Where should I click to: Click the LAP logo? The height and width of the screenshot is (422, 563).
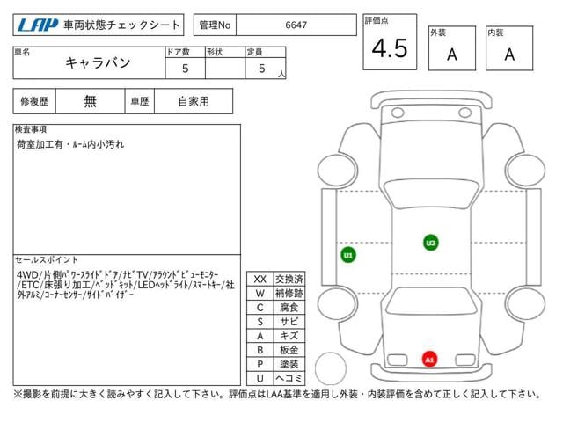[37, 25]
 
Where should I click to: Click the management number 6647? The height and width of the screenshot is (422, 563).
[296, 25]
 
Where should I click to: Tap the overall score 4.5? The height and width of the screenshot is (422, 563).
[390, 48]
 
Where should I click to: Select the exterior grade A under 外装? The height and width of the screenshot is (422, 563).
[452, 55]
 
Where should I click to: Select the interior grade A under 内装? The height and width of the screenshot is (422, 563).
[509, 55]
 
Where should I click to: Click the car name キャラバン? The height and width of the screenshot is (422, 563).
[98, 62]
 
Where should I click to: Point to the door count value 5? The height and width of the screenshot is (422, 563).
[185, 69]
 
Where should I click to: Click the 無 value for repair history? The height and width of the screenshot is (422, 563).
[90, 101]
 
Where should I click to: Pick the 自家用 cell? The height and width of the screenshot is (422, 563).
[194, 101]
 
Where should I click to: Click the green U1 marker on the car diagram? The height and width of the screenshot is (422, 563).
[348, 255]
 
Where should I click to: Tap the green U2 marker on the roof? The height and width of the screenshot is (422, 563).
[430, 243]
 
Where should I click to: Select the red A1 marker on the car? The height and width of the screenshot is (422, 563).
[429, 360]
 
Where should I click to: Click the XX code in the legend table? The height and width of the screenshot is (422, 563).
[260, 280]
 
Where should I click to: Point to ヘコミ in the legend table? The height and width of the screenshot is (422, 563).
[289, 378]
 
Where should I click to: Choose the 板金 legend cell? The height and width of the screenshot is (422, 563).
[289, 350]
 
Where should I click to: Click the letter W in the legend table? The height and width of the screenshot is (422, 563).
[260, 293]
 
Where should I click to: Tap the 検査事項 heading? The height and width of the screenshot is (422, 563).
[31, 129]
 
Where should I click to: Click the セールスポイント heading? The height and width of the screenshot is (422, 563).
[47, 259]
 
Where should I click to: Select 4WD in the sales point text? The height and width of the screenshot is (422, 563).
[27, 275]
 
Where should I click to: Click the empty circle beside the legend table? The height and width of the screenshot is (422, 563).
[331, 353]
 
